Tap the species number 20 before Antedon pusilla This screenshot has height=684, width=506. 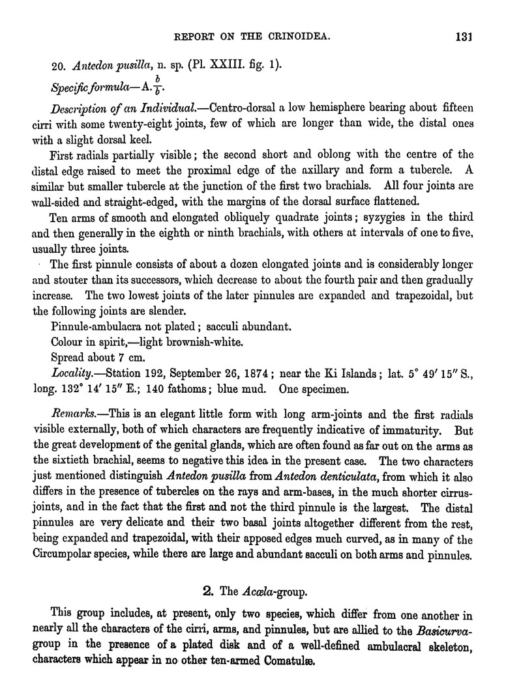click(57, 66)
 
